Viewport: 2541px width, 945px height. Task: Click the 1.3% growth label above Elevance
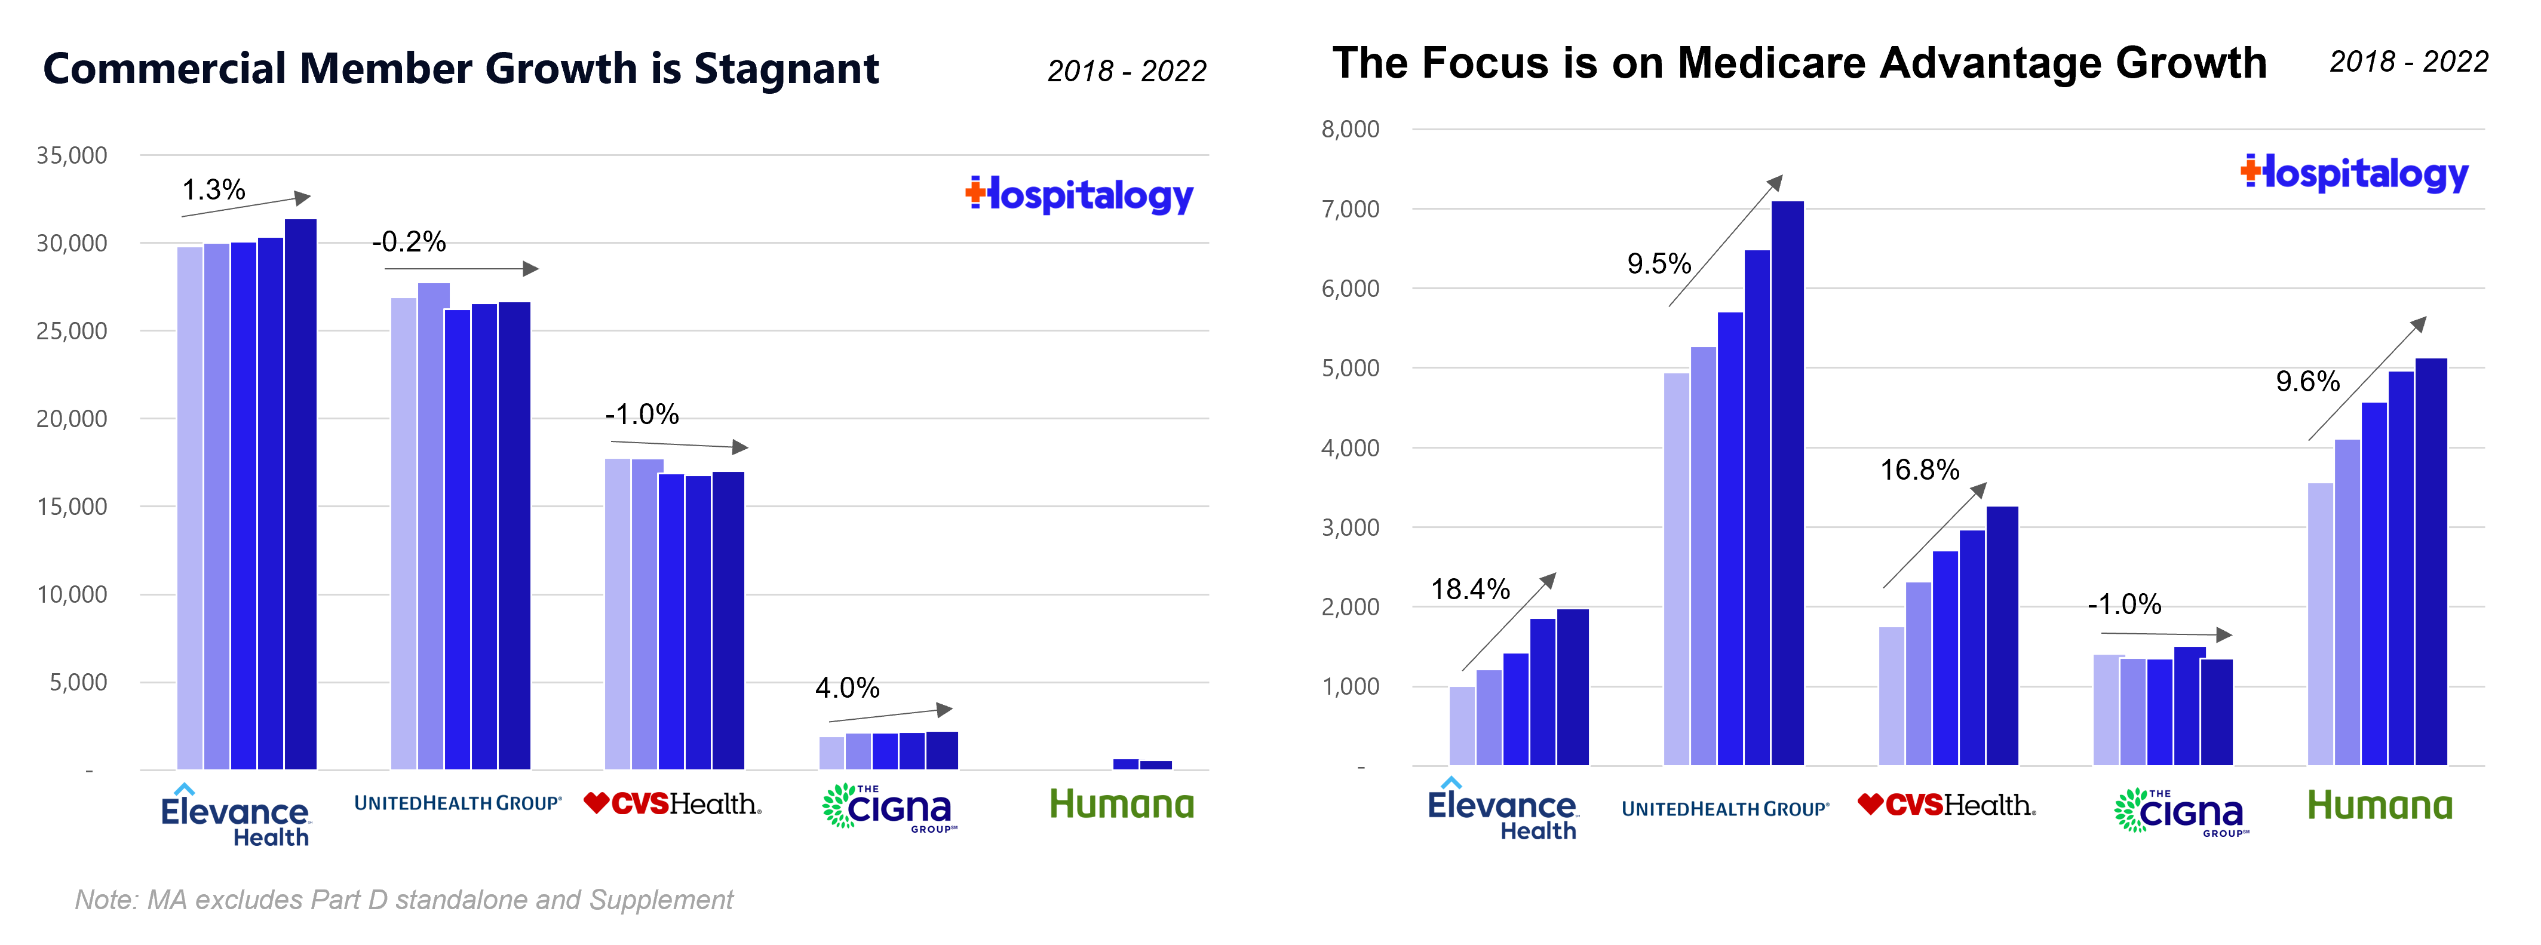tap(213, 189)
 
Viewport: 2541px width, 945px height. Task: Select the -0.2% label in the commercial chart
tap(409, 242)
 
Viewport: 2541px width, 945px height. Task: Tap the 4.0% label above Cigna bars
tap(846, 688)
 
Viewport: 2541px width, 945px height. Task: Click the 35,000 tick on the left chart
tap(72, 155)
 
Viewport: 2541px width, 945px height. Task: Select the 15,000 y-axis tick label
tap(72, 506)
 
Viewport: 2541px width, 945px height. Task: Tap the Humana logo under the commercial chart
tap(1122, 805)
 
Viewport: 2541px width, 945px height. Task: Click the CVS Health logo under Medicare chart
tap(1946, 806)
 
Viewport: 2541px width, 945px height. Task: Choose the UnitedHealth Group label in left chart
tap(458, 803)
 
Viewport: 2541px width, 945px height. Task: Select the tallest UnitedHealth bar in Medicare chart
tap(1787, 483)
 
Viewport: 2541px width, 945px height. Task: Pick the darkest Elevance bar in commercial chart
tap(300, 493)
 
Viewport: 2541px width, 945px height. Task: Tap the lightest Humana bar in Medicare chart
tap(2320, 624)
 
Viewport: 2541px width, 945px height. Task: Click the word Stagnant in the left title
tap(785, 69)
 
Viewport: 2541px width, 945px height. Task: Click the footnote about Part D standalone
tap(403, 900)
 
